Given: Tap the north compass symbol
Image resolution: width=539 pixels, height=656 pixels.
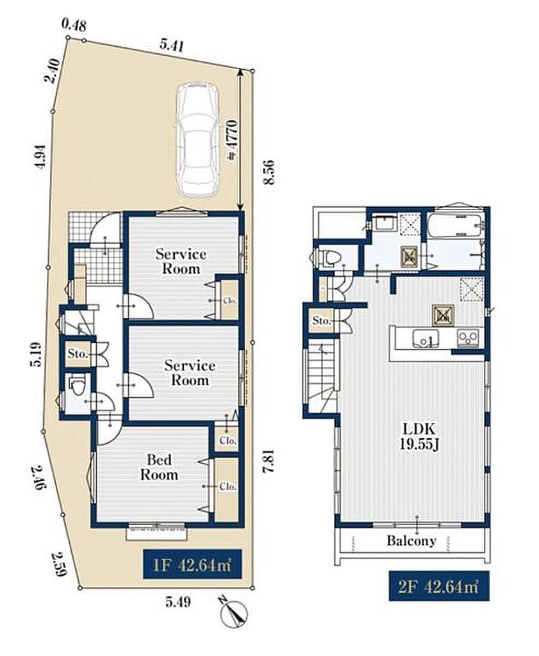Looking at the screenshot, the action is coord(233,613).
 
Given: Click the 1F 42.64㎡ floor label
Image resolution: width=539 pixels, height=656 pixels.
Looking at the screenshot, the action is coord(192,566).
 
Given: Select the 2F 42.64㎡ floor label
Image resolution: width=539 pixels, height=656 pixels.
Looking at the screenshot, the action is coord(438,587).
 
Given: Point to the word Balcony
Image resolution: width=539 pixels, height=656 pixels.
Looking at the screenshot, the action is coord(411,541).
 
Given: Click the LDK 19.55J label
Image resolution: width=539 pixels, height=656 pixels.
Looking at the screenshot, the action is coord(419,436).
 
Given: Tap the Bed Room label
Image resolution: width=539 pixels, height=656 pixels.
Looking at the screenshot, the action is coord(159,467).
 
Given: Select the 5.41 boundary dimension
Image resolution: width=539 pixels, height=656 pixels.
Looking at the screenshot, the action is coord(172,44).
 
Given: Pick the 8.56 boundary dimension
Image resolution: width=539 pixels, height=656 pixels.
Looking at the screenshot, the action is coord(269,172).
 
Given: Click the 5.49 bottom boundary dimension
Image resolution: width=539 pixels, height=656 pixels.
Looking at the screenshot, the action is coord(178,602).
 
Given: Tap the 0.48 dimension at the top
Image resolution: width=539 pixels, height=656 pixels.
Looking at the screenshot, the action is coord(74,25).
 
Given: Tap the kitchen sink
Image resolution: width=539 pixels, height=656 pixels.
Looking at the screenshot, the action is coord(426,338).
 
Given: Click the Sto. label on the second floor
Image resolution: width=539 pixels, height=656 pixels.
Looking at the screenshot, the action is coord(322,321).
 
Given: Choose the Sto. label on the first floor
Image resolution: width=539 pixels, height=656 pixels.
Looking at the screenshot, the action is coord(78,354).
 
